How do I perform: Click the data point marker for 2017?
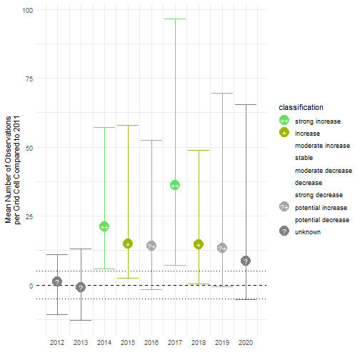point(175,185)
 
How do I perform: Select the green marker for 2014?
point(104,226)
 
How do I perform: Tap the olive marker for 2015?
point(128,244)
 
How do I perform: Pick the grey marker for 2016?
point(151,246)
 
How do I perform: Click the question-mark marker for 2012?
point(57,281)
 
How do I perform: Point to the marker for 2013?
point(81,287)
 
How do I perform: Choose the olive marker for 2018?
point(199,244)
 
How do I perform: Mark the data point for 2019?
point(222,248)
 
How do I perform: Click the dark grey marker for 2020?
point(246,261)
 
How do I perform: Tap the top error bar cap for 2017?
point(175,19)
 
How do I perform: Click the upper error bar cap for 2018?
point(199,150)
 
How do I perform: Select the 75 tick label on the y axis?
point(29,79)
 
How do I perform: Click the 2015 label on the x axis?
point(128,342)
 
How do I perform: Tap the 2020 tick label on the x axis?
point(246,342)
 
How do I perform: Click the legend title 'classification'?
point(302,107)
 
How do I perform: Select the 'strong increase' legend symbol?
point(284,121)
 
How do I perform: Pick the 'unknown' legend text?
point(307,231)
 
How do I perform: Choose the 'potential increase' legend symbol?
point(284,207)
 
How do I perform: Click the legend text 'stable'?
point(304,158)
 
